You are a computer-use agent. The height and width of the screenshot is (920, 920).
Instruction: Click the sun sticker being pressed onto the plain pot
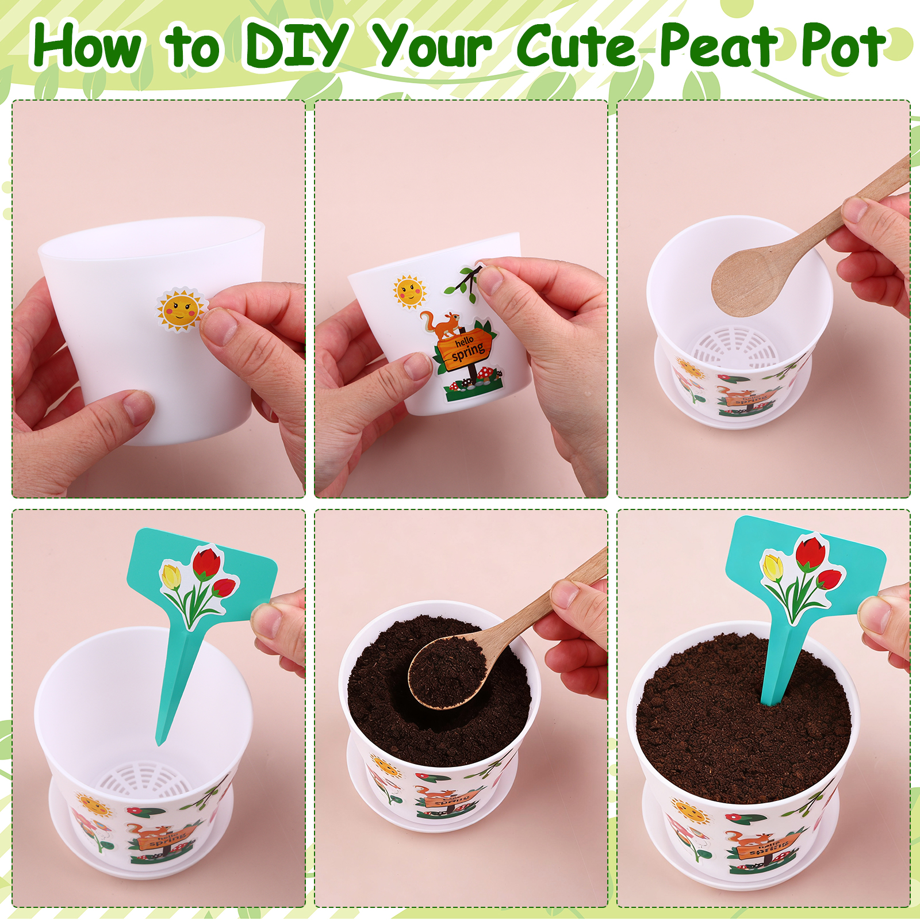(x=181, y=310)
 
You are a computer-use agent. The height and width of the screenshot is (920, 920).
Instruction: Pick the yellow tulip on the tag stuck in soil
(x=773, y=566)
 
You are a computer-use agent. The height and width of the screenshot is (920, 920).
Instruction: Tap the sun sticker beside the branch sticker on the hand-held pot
(x=409, y=292)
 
